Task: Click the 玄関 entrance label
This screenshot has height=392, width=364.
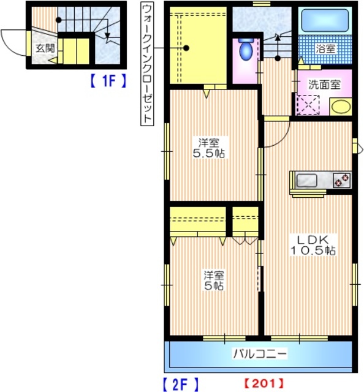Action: click(44, 48)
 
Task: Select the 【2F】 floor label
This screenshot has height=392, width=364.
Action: click(181, 384)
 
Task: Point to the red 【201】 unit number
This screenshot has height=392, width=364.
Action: click(264, 384)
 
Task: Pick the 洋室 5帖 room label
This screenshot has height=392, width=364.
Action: click(213, 281)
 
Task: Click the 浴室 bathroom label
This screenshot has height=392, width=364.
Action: click(325, 47)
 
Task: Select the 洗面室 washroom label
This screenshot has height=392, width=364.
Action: click(324, 85)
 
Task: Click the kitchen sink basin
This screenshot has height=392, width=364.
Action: click(306, 180)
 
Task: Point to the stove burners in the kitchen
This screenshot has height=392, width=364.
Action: click(341, 180)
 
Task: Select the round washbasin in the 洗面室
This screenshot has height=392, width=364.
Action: click(340, 107)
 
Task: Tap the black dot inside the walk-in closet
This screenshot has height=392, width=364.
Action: click(188, 48)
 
